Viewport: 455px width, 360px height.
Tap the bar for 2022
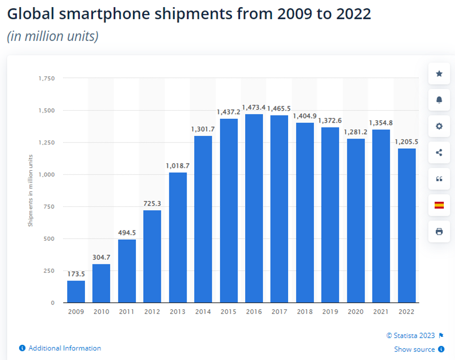click(x=407, y=226)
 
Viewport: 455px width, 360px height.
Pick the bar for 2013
click(x=178, y=238)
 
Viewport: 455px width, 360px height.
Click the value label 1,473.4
click(x=254, y=108)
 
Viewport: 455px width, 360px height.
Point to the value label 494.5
click(x=127, y=233)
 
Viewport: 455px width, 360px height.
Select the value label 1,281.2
click(x=356, y=132)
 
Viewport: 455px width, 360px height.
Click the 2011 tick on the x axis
click(x=127, y=312)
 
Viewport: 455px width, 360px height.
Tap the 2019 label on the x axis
click(x=331, y=312)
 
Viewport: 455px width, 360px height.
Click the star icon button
click(x=439, y=74)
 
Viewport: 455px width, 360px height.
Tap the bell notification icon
click(x=439, y=100)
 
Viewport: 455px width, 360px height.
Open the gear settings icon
click(x=439, y=126)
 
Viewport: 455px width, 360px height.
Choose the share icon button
click(x=439, y=153)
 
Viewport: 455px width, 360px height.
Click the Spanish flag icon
click(x=439, y=205)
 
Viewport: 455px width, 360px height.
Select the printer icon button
click(x=439, y=232)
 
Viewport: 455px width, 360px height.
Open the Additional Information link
click(x=64, y=348)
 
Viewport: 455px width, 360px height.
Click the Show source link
click(x=415, y=349)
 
